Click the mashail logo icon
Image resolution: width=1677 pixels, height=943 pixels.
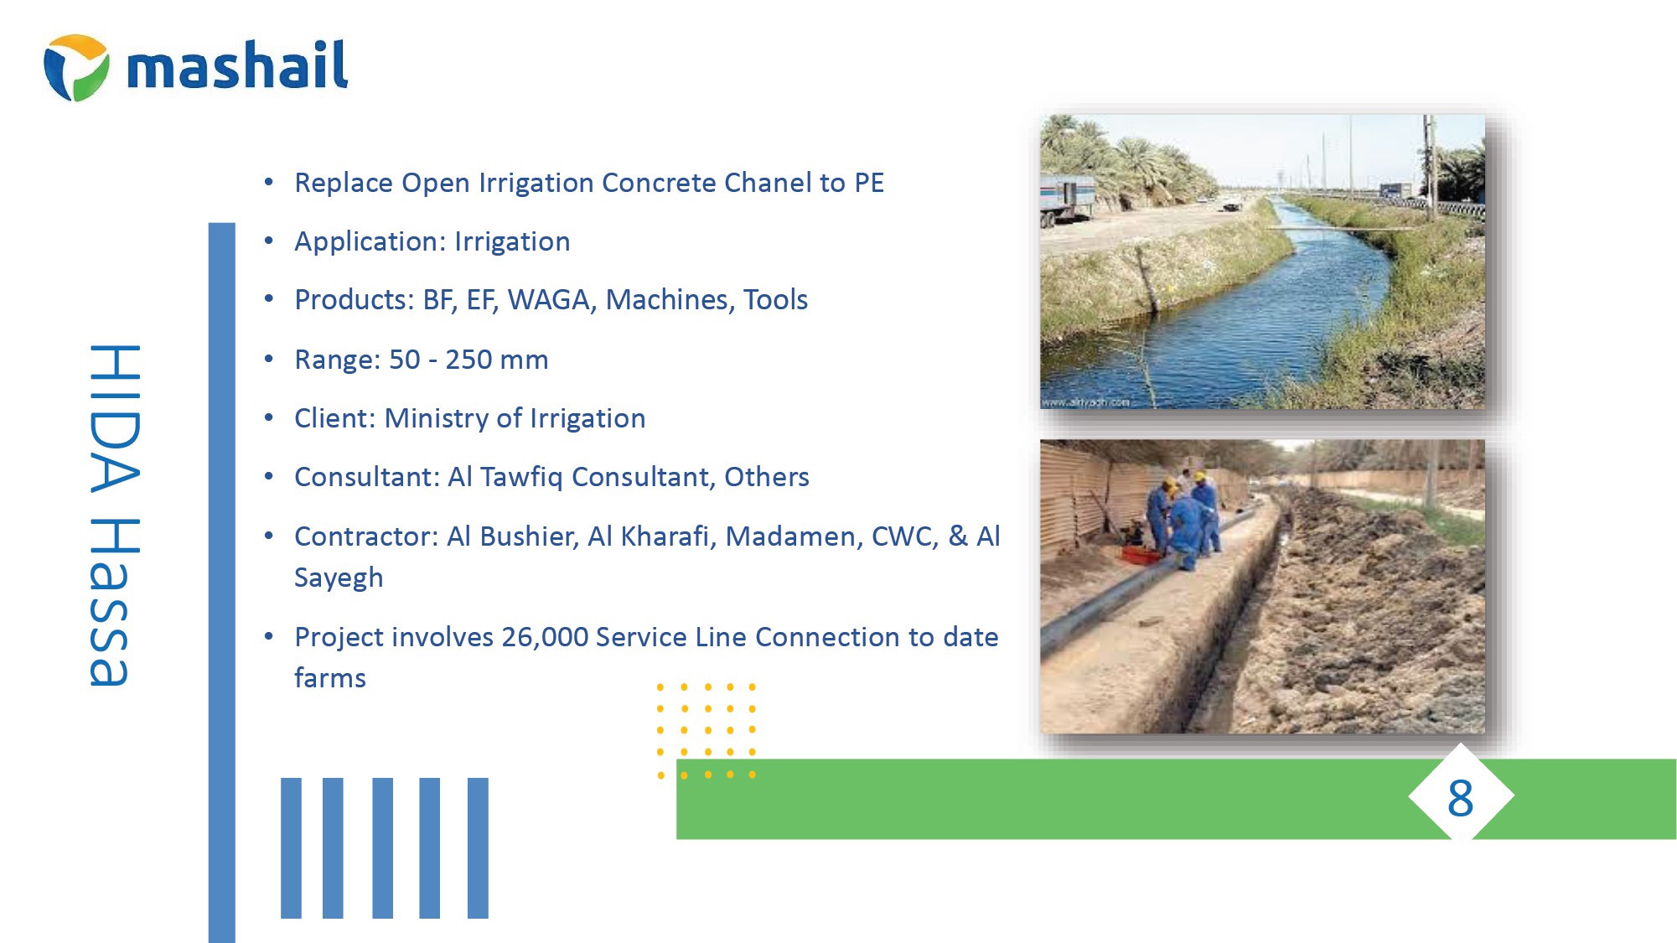[76, 67]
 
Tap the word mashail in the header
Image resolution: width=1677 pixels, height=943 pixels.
[237, 65]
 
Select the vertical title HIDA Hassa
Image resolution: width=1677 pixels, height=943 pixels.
[114, 515]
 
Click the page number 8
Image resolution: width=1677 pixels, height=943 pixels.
[1460, 798]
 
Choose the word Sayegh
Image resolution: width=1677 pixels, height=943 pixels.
[339, 578]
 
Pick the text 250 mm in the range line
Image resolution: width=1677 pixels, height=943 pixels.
[496, 360]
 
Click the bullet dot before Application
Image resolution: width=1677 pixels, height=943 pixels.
[269, 241]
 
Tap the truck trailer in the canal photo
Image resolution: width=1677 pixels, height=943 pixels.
[1066, 200]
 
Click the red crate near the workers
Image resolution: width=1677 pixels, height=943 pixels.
[1141, 554]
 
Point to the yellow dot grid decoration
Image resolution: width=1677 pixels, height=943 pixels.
[707, 731]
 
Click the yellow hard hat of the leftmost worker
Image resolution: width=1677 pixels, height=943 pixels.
[1169, 484]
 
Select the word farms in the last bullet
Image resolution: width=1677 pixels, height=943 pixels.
[330, 678]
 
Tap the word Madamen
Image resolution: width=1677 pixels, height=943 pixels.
[794, 536]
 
